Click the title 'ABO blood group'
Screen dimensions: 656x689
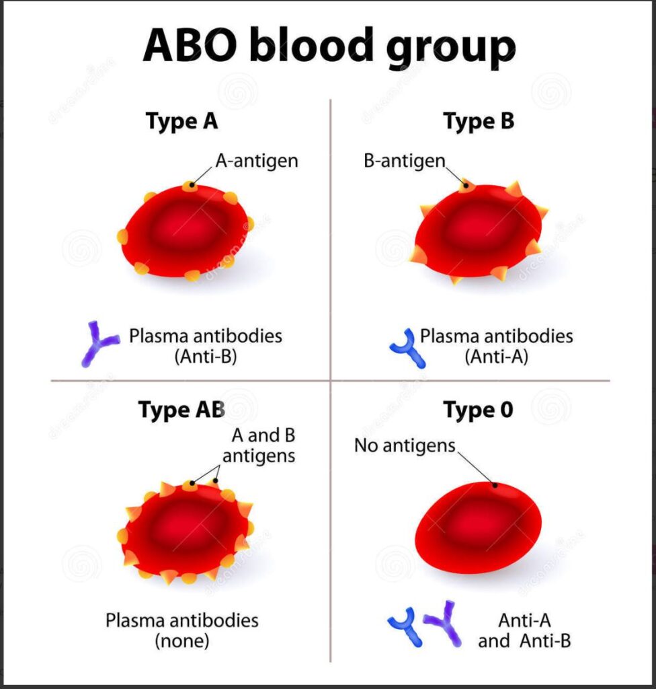pyautogui.click(x=329, y=46)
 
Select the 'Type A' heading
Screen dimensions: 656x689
pyautogui.click(x=181, y=122)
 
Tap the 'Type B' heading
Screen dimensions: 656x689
pyautogui.click(x=479, y=122)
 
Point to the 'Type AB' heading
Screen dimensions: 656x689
pyautogui.click(x=181, y=410)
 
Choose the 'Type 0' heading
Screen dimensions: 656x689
pyautogui.click(x=478, y=410)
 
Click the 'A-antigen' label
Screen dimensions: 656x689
pyautogui.click(x=257, y=161)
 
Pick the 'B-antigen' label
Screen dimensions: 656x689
pyautogui.click(x=405, y=161)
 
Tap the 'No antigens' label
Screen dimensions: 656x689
pyautogui.click(x=405, y=445)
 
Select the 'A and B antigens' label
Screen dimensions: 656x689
pyautogui.click(x=259, y=445)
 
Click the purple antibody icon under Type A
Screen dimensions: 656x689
pyautogui.click(x=97, y=342)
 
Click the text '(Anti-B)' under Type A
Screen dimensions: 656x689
pyautogui.click(x=206, y=357)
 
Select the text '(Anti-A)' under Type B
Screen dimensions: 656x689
pyautogui.click(x=497, y=357)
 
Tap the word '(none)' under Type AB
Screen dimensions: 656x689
pyautogui.click(x=181, y=641)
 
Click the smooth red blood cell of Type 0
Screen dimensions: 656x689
pyautogui.click(x=478, y=528)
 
